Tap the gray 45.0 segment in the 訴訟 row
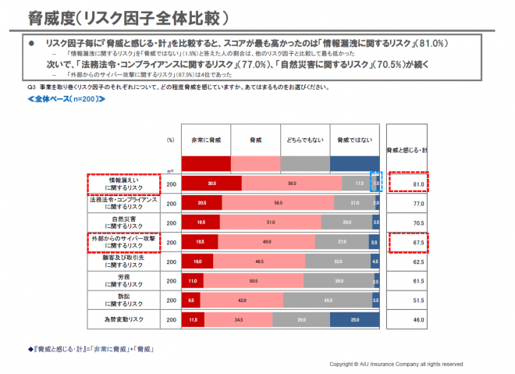pos(328,299)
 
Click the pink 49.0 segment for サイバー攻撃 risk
pos(267,241)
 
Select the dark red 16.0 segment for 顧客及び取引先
pos(197,261)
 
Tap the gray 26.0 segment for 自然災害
pos(346,223)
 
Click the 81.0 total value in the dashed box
pos(417,184)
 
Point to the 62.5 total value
pos(417,261)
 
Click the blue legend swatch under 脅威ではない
pos(355,162)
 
